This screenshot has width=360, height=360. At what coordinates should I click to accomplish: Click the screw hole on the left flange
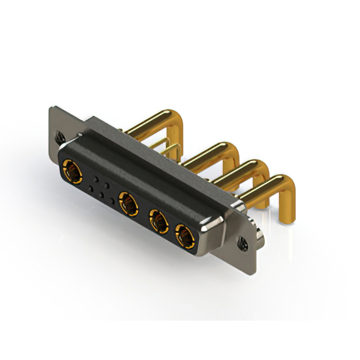60,136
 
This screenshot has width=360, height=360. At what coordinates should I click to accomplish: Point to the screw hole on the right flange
243,242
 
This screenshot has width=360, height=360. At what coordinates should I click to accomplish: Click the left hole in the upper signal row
96,178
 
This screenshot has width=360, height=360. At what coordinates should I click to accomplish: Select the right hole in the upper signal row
106,184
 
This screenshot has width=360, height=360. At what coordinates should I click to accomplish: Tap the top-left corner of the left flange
52,108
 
